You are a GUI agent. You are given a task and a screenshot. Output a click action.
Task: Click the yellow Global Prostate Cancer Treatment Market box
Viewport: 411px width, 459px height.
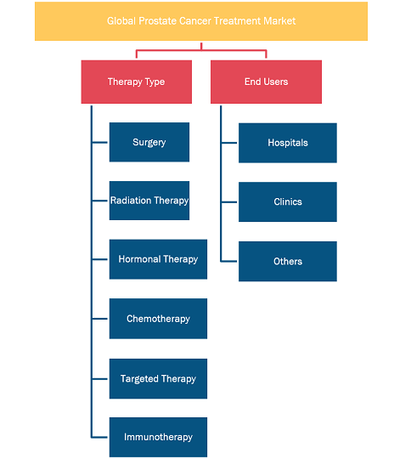(x=201, y=21)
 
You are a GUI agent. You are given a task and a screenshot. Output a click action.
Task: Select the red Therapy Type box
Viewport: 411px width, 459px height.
(x=137, y=82)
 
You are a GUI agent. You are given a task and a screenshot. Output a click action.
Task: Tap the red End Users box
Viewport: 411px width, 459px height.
(x=266, y=82)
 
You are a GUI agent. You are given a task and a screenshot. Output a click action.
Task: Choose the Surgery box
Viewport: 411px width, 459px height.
(x=149, y=142)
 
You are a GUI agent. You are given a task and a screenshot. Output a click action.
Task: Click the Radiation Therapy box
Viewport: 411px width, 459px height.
(x=149, y=201)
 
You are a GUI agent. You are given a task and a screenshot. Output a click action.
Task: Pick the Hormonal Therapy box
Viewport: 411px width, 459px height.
(x=158, y=259)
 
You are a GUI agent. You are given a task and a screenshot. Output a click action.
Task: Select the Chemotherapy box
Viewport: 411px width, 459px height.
(x=158, y=319)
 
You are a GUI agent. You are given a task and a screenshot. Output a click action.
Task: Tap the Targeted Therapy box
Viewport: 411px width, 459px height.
(x=158, y=378)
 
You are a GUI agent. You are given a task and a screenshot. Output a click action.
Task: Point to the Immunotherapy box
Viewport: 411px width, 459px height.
(x=158, y=437)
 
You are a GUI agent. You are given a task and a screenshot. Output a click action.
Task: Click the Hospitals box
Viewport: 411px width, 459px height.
(x=288, y=143)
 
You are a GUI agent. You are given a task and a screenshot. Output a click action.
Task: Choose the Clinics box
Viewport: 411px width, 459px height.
(x=288, y=201)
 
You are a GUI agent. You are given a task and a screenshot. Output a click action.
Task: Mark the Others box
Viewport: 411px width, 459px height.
(x=288, y=261)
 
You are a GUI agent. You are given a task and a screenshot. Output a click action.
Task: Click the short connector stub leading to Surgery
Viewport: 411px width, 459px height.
(x=99, y=143)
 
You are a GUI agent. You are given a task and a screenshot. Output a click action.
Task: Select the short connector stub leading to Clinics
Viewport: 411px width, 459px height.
(x=229, y=202)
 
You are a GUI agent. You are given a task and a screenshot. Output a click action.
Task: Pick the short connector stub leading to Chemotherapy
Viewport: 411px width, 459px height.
(x=99, y=319)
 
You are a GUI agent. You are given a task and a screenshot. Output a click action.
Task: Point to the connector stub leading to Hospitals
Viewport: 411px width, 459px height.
(x=229, y=143)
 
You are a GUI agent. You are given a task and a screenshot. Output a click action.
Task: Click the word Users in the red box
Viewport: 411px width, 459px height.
(x=276, y=82)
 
